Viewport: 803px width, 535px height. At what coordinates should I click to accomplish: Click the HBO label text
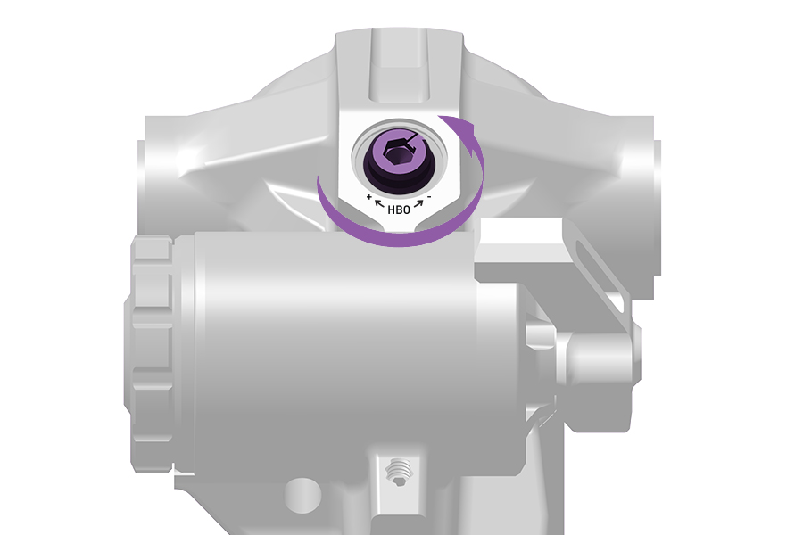pyautogui.click(x=399, y=210)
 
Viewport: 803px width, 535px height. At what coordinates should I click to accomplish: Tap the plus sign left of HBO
pyautogui.click(x=369, y=196)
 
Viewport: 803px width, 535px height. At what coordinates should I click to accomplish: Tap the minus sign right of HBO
pyautogui.click(x=429, y=196)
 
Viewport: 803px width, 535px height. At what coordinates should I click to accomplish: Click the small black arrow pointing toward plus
pyautogui.click(x=379, y=204)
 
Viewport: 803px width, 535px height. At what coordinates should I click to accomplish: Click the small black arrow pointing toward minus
pyautogui.click(x=419, y=204)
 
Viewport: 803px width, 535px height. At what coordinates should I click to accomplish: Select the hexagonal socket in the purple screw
pyautogui.click(x=396, y=153)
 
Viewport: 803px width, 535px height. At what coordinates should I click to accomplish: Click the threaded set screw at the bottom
pyautogui.click(x=400, y=472)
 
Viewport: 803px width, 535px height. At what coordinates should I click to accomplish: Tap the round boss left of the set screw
pyautogui.click(x=303, y=495)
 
